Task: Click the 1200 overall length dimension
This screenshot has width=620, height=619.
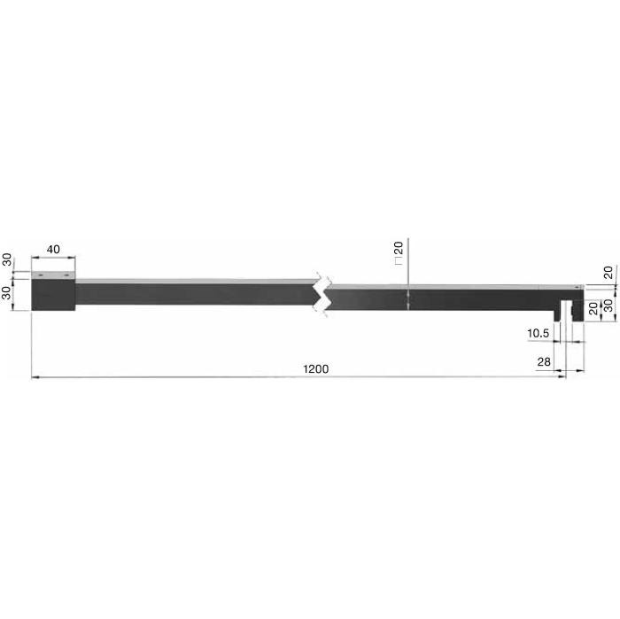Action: pyautogui.click(x=315, y=368)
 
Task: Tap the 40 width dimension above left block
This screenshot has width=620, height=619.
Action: pyautogui.click(x=53, y=250)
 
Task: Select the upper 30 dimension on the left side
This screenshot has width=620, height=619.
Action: pyautogui.click(x=7, y=259)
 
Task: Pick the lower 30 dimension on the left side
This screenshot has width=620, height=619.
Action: pyautogui.click(x=7, y=293)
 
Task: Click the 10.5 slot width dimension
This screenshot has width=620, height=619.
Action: pyautogui.click(x=539, y=333)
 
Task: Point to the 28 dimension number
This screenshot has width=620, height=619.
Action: pyautogui.click(x=544, y=361)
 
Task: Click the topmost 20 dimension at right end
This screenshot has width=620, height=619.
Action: pyautogui.click(x=608, y=273)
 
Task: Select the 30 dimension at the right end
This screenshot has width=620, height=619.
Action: pyautogui.click(x=608, y=306)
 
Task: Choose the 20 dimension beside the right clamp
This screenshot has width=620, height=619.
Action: pyautogui.click(x=593, y=308)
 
